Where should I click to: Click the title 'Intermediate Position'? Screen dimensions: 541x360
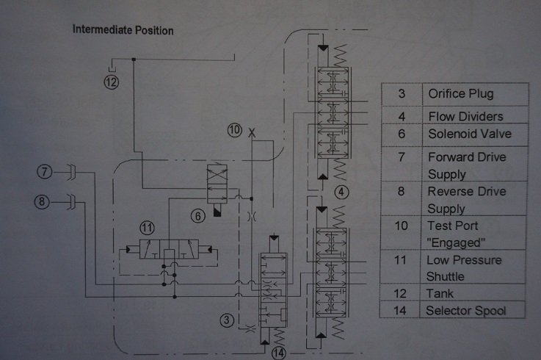123,30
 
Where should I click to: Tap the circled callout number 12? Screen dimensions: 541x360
112,82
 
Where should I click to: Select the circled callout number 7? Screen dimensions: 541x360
45,172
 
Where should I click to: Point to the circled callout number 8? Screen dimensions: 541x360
42,201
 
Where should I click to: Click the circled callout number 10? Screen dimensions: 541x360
235,130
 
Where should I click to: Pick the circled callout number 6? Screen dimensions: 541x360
198,216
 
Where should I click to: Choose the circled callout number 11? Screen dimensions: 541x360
147,228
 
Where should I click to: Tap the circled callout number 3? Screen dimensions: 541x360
227,320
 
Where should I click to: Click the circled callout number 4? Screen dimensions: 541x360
341,192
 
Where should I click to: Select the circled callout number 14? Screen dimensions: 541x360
278,353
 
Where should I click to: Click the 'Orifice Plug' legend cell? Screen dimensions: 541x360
460,94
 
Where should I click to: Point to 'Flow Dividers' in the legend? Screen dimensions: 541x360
465,117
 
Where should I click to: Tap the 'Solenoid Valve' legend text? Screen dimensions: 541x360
470,134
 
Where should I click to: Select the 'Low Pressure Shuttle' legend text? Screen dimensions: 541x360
464,268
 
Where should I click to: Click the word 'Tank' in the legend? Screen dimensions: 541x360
440,294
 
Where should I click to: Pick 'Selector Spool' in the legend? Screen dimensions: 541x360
466,311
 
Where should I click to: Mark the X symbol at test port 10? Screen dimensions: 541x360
252,132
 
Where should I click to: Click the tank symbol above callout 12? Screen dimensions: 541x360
112,65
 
